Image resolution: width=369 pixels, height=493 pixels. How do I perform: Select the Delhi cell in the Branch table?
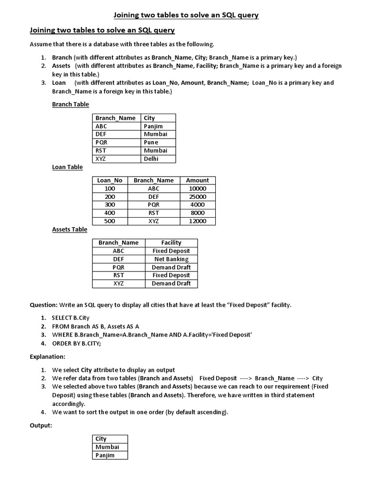pyautogui.click(x=151, y=159)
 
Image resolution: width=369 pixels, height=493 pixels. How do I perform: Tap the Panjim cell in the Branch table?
pyautogui.click(x=153, y=126)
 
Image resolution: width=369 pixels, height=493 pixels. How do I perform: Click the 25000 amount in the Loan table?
pyautogui.click(x=197, y=197)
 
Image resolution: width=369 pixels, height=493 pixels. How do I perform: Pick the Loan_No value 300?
pyautogui.click(x=110, y=205)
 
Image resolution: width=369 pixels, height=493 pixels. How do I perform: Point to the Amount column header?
pyautogui.click(x=197, y=181)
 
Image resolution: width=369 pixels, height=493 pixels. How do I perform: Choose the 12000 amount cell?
pyautogui.click(x=197, y=221)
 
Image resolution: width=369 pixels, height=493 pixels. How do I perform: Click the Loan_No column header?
pyautogui.click(x=110, y=181)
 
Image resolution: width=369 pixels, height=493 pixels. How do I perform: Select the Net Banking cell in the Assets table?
pyautogui.click(x=171, y=259)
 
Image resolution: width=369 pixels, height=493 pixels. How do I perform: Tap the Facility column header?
pyautogui.click(x=171, y=243)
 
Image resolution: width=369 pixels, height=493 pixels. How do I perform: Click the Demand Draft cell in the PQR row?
pyautogui.click(x=171, y=267)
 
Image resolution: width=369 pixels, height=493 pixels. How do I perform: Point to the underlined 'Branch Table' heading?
pyautogui.click(x=70, y=104)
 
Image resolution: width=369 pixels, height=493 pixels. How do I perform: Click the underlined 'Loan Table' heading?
pyautogui.click(x=67, y=167)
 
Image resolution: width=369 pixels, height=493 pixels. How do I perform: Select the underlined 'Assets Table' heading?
pyautogui.click(x=70, y=230)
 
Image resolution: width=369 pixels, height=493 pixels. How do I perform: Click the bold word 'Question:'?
pyautogui.click(x=44, y=305)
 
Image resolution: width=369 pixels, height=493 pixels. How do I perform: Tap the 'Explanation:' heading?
pyautogui.click(x=47, y=357)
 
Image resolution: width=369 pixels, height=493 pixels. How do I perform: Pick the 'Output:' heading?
pyautogui.click(x=40, y=426)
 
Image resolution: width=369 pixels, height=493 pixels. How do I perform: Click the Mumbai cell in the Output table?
pyautogui.click(x=107, y=447)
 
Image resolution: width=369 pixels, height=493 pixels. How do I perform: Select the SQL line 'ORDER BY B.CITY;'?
pyautogui.click(x=76, y=343)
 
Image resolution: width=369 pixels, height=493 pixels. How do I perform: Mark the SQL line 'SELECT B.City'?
pyautogui.click(x=71, y=318)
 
